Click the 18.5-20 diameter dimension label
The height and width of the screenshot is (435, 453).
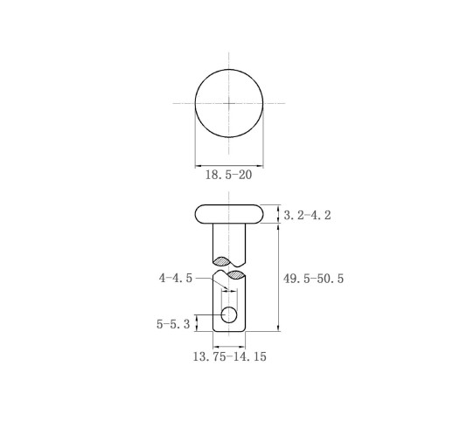pos(228,175)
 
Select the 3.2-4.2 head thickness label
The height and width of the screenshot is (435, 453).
pos(307,215)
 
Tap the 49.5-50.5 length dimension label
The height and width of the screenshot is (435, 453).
pos(313,279)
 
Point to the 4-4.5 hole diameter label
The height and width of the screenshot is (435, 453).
pos(176,278)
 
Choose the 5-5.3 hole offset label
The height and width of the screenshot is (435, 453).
pos(173,324)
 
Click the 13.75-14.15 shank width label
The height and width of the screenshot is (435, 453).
pos(230,356)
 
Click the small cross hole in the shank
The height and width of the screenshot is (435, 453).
pos(229,314)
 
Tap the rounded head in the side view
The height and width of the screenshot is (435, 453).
pos(229,214)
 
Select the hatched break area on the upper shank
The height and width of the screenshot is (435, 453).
pos(222,261)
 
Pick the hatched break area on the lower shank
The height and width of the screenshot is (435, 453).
pos(236,275)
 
